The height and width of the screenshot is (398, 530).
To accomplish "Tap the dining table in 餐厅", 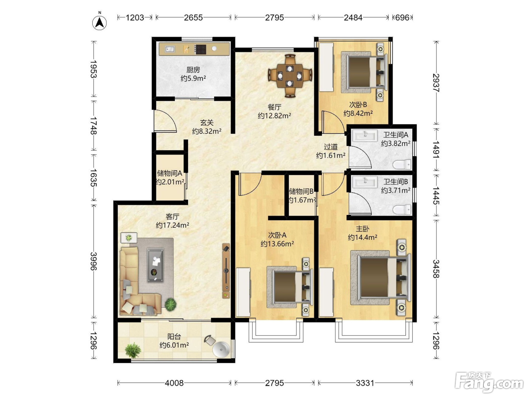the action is pos(290,76).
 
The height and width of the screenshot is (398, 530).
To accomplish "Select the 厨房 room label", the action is pos(193,70).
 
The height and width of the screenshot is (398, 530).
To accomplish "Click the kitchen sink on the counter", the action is pos(170,49).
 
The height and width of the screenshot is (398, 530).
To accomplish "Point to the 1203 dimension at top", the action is pos(135,17).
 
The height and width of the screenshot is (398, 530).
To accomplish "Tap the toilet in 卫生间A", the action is pos(402,165).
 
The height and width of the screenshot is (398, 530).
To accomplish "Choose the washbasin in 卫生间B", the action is pos(365,182).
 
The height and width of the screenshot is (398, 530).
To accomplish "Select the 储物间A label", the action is pos(170,173).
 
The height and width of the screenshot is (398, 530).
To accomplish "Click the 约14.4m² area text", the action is pos(362,238).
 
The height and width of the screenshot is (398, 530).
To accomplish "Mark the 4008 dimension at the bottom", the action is pos(174,383).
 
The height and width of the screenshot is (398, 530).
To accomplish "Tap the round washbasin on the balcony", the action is pos(221,349).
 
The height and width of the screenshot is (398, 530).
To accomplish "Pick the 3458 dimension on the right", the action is pos(436,269).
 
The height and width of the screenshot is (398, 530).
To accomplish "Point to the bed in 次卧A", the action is pos(290,287).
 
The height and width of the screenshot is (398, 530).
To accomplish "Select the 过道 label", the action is pos(330,147).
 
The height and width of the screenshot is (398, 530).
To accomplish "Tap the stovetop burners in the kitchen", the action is pos(201,49).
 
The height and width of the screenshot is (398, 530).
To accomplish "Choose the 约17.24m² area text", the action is pos(172,225).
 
